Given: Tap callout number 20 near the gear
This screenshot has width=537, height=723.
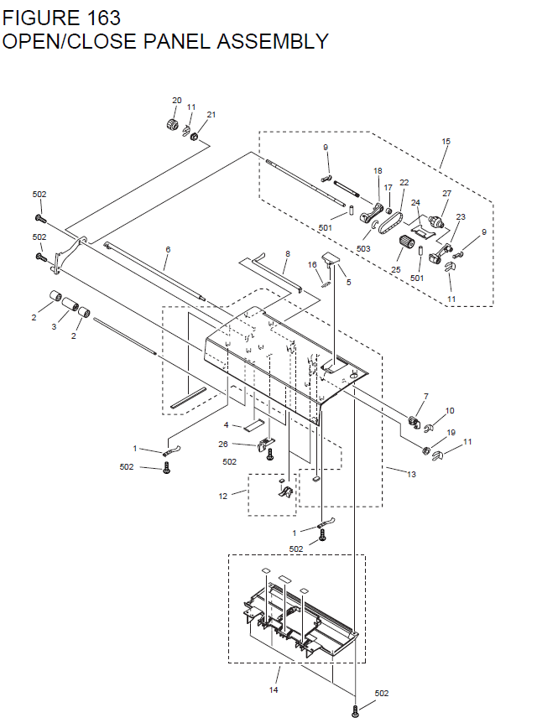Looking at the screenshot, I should click(176, 101).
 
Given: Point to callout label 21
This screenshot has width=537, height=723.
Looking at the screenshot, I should click(211, 115).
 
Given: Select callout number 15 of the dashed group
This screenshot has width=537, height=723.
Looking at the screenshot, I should click(446, 142).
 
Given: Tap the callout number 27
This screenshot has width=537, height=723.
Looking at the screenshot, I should click(446, 194).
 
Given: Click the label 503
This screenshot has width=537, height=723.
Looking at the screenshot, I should click(362, 248).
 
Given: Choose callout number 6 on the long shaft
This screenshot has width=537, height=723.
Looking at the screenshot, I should click(167, 250).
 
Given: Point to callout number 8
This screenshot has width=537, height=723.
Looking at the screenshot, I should click(287, 253).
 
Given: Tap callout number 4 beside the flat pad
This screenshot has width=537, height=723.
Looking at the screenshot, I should click(226, 425).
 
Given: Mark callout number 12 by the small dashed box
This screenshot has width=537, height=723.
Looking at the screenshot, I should click(223, 497).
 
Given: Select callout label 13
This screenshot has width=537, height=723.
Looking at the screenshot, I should click(411, 475).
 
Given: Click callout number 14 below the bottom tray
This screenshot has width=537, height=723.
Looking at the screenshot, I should click(274, 689).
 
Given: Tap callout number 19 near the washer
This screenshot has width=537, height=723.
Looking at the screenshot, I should click(451, 433).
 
